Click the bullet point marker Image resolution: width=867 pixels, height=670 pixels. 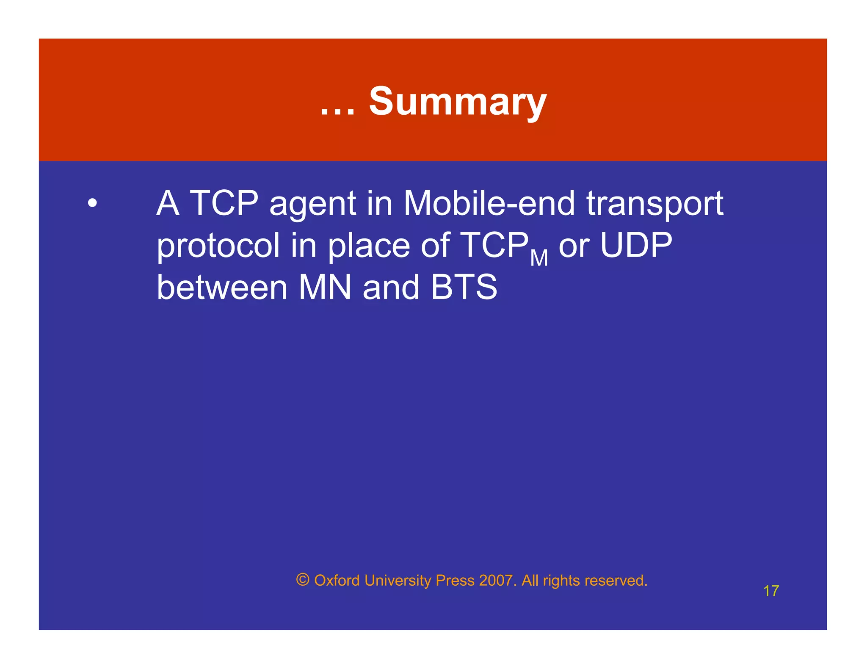(x=92, y=203)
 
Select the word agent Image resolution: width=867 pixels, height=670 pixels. (x=312, y=204)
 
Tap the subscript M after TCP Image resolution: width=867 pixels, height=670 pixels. (x=539, y=258)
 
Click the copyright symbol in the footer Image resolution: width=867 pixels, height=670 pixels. (x=303, y=579)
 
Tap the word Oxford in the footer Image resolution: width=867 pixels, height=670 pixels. (x=337, y=580)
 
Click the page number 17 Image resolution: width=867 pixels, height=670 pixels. (x=771, y=591)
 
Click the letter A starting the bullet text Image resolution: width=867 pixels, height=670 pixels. (x=168, y=203)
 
